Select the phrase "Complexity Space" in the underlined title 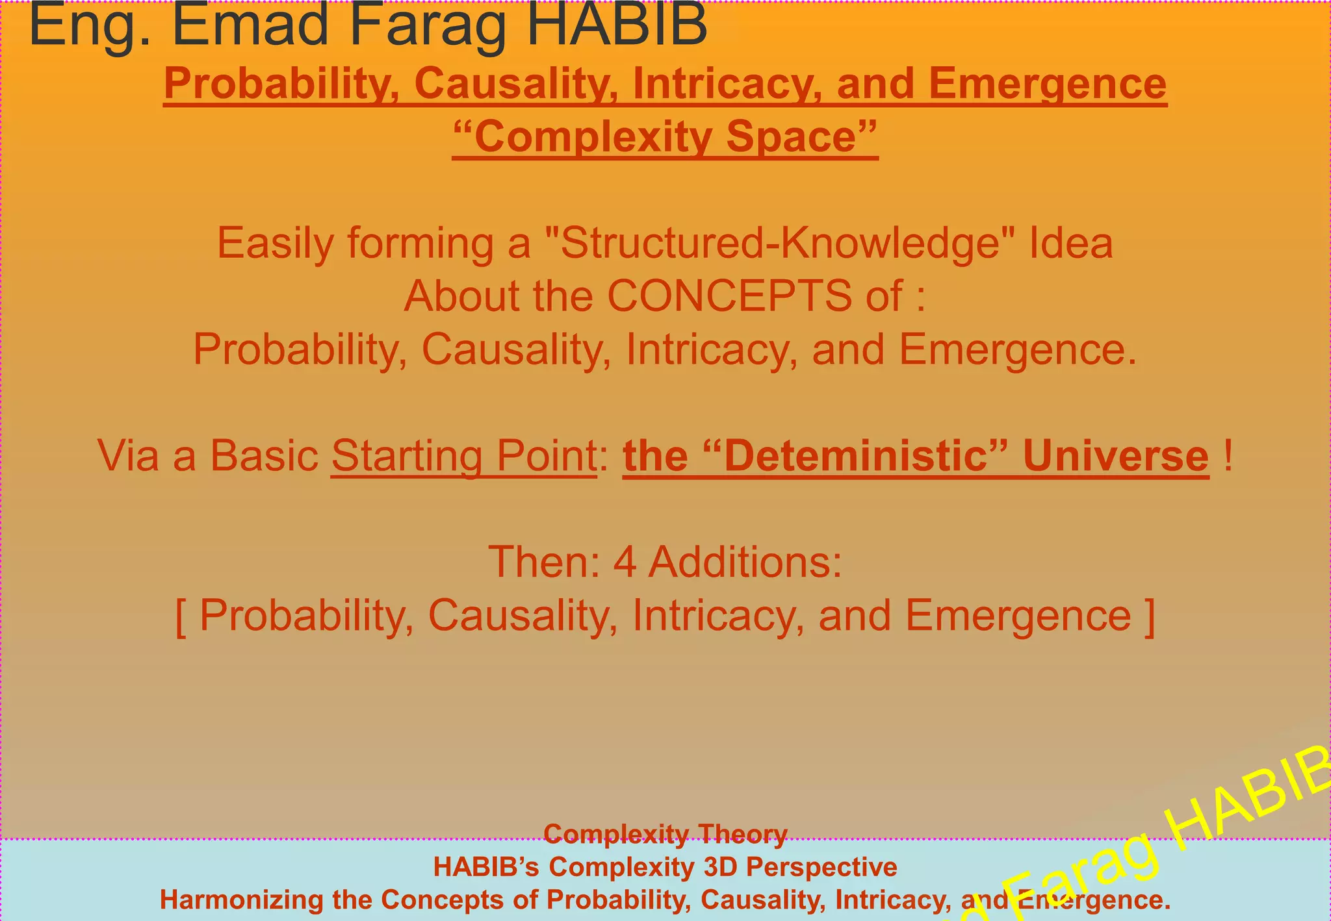tap(665, 137)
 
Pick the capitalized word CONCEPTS tap(729, 296)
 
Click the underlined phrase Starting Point tap(463, 455)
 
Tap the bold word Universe tap(1115, 455)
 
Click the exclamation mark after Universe tap(1227, 455)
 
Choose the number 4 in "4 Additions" tap(625, 562)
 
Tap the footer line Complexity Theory tap(665, 833)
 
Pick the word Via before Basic tap(129, 455)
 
